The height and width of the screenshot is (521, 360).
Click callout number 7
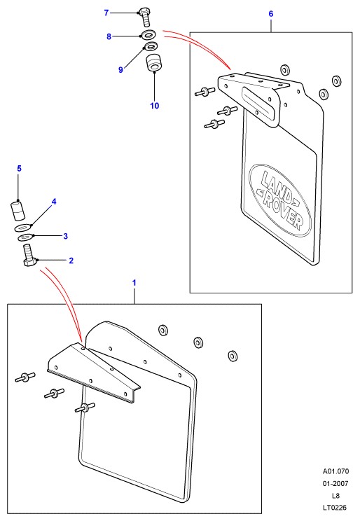click(106, 13)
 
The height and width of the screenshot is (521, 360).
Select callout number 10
click(155, 105)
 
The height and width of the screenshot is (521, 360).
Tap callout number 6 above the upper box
click(271, 13)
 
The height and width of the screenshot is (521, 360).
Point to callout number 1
click(134, 283)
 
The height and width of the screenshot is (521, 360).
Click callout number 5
click(20, 169)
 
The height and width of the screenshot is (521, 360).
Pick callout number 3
click(65, 236)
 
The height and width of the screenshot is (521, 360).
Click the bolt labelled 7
click(145, 18)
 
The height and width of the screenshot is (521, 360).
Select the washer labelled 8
click(150, 34)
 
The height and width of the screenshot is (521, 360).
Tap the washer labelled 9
click(151, 46)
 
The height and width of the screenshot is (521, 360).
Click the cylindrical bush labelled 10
click(153, 62)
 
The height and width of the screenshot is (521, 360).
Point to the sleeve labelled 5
click(17, 211)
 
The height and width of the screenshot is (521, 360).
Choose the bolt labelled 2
click(29, 254)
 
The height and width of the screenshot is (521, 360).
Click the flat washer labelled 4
click(24, 228)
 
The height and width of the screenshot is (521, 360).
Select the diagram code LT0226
click(334, 508)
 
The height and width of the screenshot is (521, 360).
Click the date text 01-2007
click(335, 483)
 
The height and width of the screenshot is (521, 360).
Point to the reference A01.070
click(335, 471)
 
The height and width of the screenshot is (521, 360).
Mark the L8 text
click(335, 495)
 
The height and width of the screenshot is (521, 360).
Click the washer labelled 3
click(25, 237)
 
